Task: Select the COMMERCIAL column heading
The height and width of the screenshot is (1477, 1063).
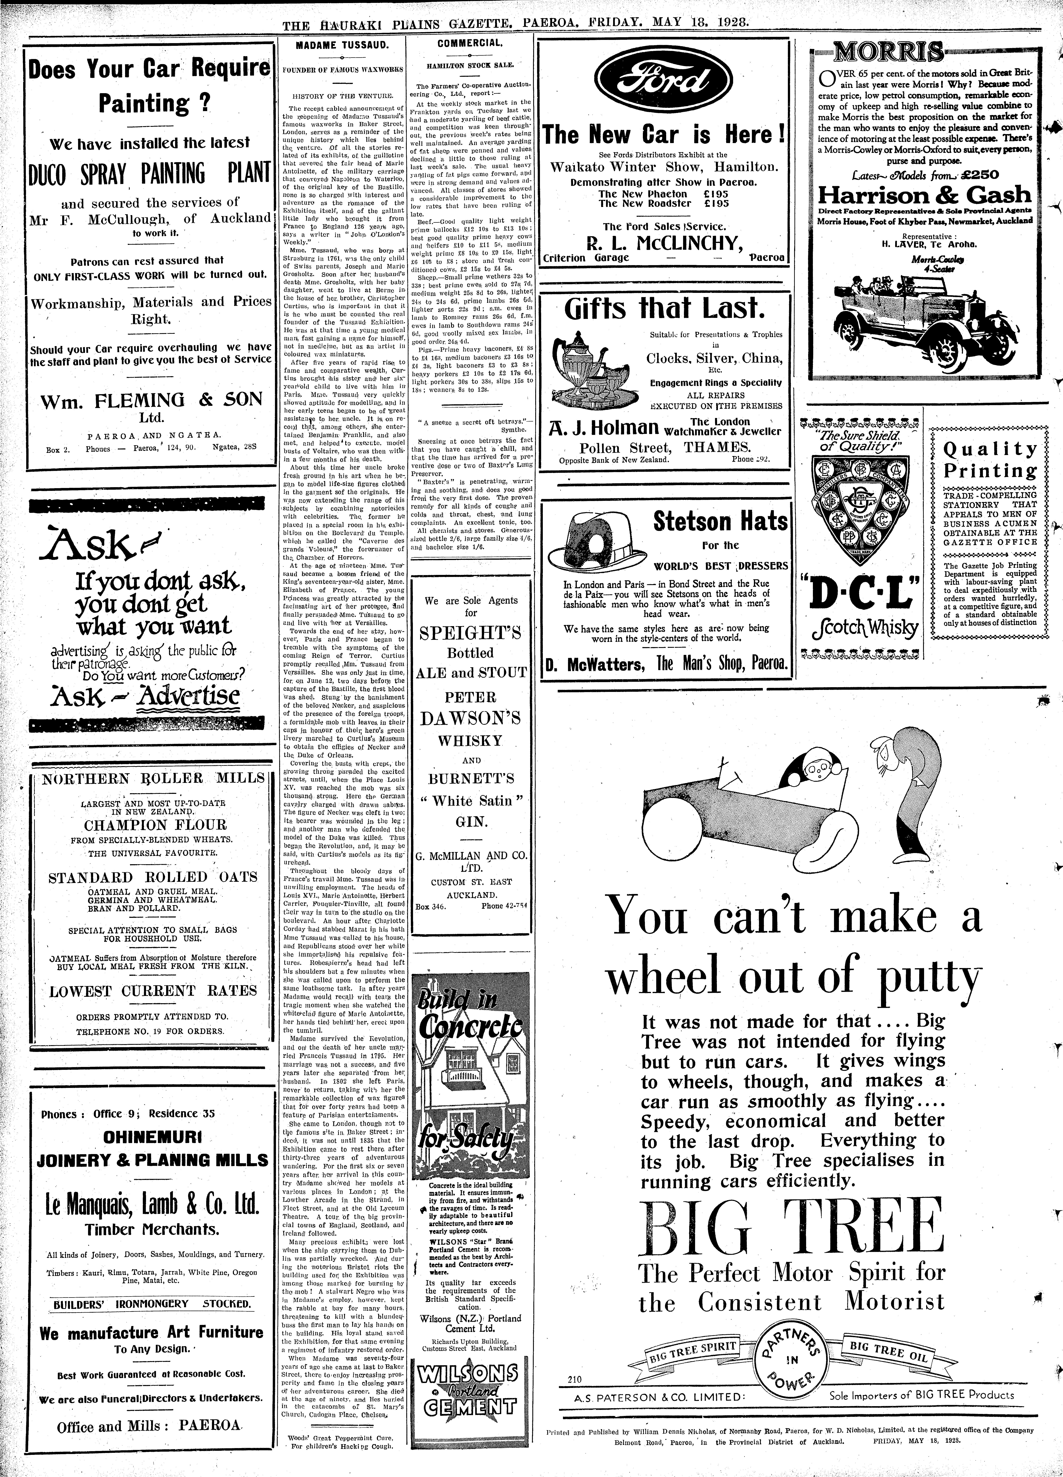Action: [x=470, y=44]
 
